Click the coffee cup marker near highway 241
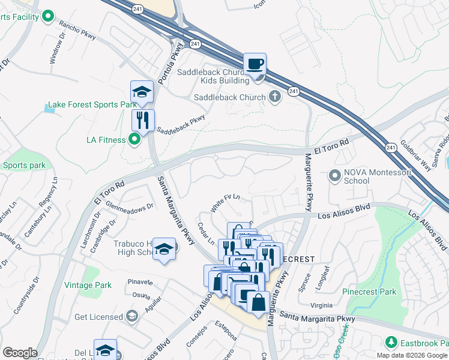pyautogui.click(x=255, y=64)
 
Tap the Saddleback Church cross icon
pyautogui.click(x=275, y=97)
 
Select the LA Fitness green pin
pyautogui.click(x=134, y=140)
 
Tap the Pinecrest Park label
pyautogui.click(x=369, y=292)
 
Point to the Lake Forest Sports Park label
pyautogui.click(x=92, y=104)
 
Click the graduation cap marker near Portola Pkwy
pyautogui.click(x=142, y=92)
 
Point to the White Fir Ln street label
pyautogui.click(x=225, y=203)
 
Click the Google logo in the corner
pyautogui.click(x=20, y=353)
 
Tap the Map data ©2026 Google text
pyautogui.click(x=412, y=355)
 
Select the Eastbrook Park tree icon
pyautogui.click(x=391, y=342)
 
